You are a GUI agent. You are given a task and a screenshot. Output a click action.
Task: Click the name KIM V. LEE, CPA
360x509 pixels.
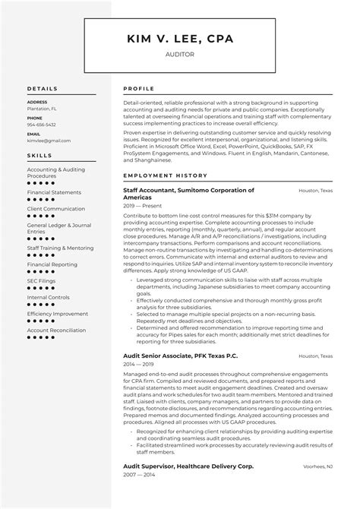coord(179,39)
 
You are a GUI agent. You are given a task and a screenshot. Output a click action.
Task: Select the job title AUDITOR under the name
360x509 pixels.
coord(179,55)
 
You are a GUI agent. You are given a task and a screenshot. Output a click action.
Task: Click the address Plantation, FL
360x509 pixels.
coord(43,109)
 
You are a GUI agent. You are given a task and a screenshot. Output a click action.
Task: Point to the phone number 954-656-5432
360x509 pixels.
coord(41,125)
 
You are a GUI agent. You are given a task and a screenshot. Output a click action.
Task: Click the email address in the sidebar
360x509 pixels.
coord(43,141)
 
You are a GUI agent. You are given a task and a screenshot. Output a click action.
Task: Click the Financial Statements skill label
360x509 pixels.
coord(55,192)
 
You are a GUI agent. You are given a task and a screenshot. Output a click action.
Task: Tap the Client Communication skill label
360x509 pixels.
coord(56,208)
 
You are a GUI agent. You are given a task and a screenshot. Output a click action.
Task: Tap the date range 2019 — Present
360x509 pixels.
coord(142,205)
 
